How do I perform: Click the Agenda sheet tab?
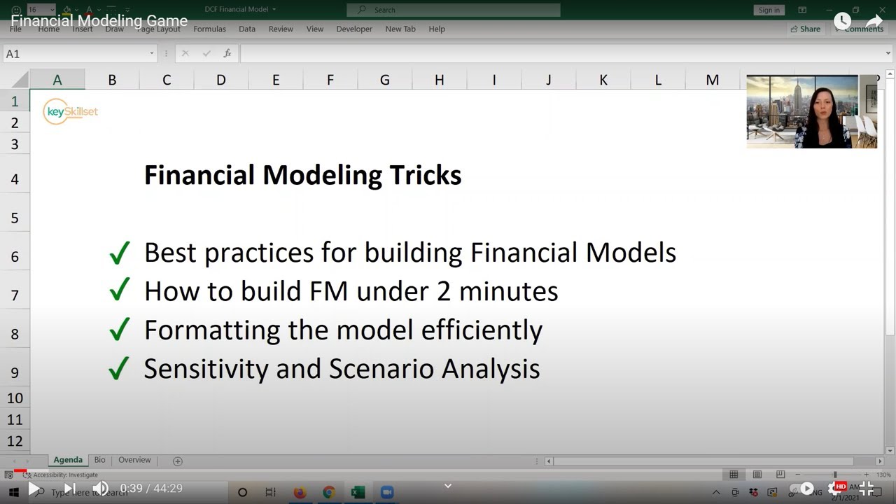pyautogui.click(x=68, y=460)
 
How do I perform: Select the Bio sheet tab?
pyautogui.click(x=100, y=460)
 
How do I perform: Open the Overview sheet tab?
pyautogui.click(x=134, y=460)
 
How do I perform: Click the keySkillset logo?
pyautogui.click(x=71, y=112)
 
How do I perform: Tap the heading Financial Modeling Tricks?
pyautogui.click(x=302, y=175)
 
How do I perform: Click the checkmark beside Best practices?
pyautogui.click(x=120, y=253)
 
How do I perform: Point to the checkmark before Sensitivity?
pyautogui.click(x=120, y=368)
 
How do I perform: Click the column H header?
pyautogui.click(x=439, y=80)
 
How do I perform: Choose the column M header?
pyautogui.click(x=712, y=80)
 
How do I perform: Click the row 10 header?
pyautogui.click(x=15, y=398)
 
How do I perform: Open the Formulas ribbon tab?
pyautogui.click(x=209, y=29)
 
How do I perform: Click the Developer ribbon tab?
pyautogui.click(x=354, y=29)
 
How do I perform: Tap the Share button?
pyautogui.click(x=805, y=29)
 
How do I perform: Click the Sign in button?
pyautogui.click(x=769, y=10)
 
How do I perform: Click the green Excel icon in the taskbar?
pyautogui.click(x=358, y=493)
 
